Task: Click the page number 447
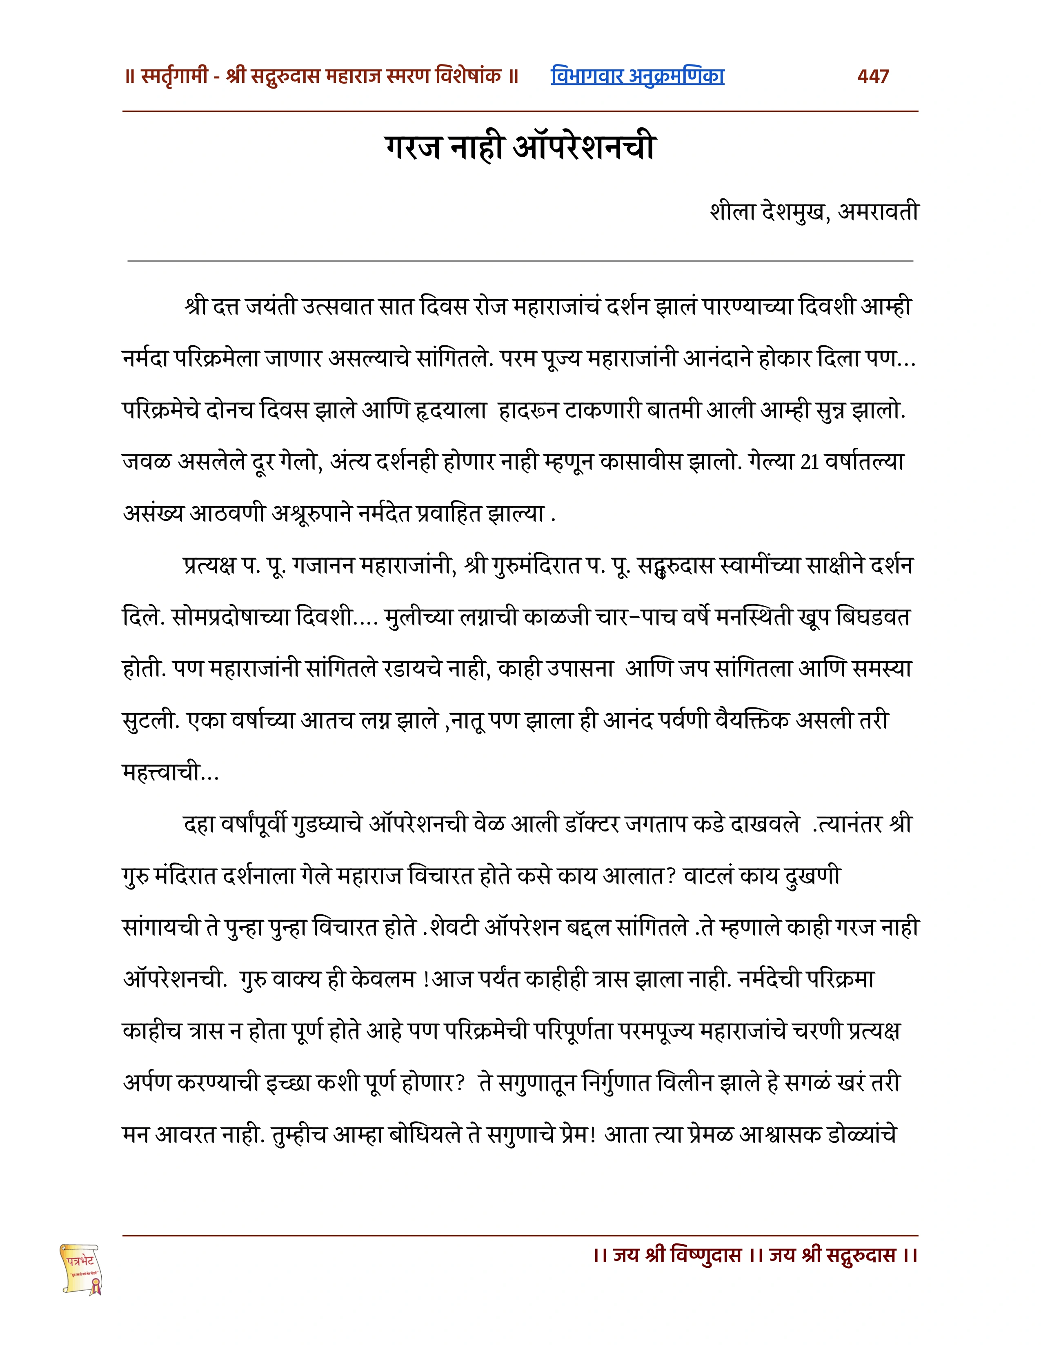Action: (873, 76)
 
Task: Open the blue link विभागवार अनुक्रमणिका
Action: (637, 76)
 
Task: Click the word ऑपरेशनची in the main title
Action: (584, 148)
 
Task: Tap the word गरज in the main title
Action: (413, 148)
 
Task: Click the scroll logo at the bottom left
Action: (81, 1269)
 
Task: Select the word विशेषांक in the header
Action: (468, 76)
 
